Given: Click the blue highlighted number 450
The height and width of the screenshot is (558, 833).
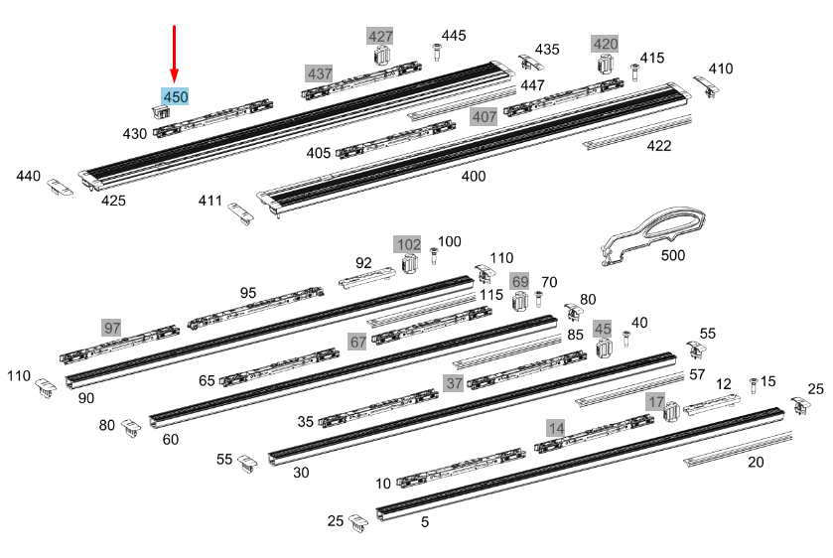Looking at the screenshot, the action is click(x=176, y=96).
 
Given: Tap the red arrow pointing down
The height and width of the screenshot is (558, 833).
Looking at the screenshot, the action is click(x=175, y=55).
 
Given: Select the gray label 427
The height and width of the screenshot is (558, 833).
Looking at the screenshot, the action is click(x=380, y=36).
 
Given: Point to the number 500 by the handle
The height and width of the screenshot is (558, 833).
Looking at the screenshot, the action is click(x=672, y=255).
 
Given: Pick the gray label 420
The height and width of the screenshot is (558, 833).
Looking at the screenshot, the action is click(x=605, y=44).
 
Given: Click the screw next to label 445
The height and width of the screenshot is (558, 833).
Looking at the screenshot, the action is click(x=437, y=52).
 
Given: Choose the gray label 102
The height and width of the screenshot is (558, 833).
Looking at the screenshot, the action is click(x=407, y=244).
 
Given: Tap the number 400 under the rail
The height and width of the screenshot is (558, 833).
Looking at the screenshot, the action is click(x=473, y=176).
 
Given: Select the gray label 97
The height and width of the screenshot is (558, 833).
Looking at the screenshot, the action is click(x=111, y=328).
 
